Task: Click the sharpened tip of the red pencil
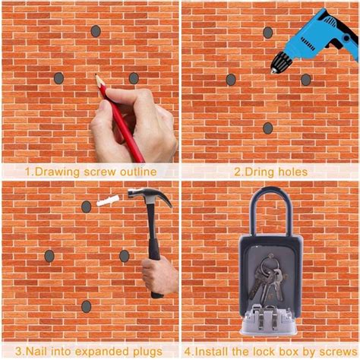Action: (x=96, y=74)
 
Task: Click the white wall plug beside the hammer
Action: (x=108, y=200)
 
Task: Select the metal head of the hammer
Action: (x=150, y=196)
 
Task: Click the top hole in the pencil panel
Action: (x=96, y=31)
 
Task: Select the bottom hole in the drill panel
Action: (x=268, y=128)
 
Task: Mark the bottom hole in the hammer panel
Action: (x=87, y=307)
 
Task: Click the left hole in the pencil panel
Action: (x=58, y=78)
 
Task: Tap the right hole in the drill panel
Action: (x=306, y=80)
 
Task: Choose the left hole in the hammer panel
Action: (x=49, y=256)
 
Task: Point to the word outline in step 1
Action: (x=138, y=172)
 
